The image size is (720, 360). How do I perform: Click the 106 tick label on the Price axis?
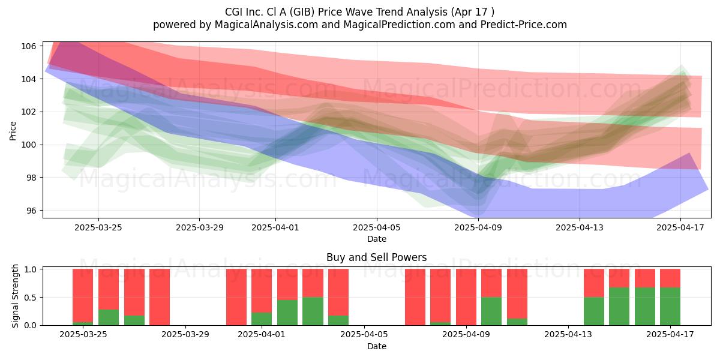coord(29,46)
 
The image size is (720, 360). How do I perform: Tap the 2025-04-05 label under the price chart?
coord(377,227)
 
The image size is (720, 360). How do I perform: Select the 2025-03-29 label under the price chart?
coord(200,227)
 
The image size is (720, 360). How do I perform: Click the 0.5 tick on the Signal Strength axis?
coord(31,298)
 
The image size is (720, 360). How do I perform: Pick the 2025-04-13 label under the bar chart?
coord(568,335)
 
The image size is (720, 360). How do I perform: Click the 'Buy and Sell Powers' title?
coord(377,257)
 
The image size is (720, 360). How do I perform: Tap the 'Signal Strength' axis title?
coord(15,296)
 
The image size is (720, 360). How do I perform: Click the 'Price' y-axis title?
coord(13,131)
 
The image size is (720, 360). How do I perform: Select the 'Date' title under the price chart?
coord(377,239)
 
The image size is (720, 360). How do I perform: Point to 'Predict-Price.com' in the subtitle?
coord(524,25)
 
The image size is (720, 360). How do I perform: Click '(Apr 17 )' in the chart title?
coord(473,12)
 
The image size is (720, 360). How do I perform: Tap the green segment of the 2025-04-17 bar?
coord(670,307)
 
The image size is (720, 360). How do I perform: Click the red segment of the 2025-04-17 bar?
coord(670,278)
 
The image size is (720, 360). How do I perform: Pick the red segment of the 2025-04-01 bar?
coord(262,290)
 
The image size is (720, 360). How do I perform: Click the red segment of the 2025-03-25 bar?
coord(83,295)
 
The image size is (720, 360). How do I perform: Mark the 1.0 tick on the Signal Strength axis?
coord(31,269)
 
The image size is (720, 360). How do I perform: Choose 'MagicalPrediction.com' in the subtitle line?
coord(399,25)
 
